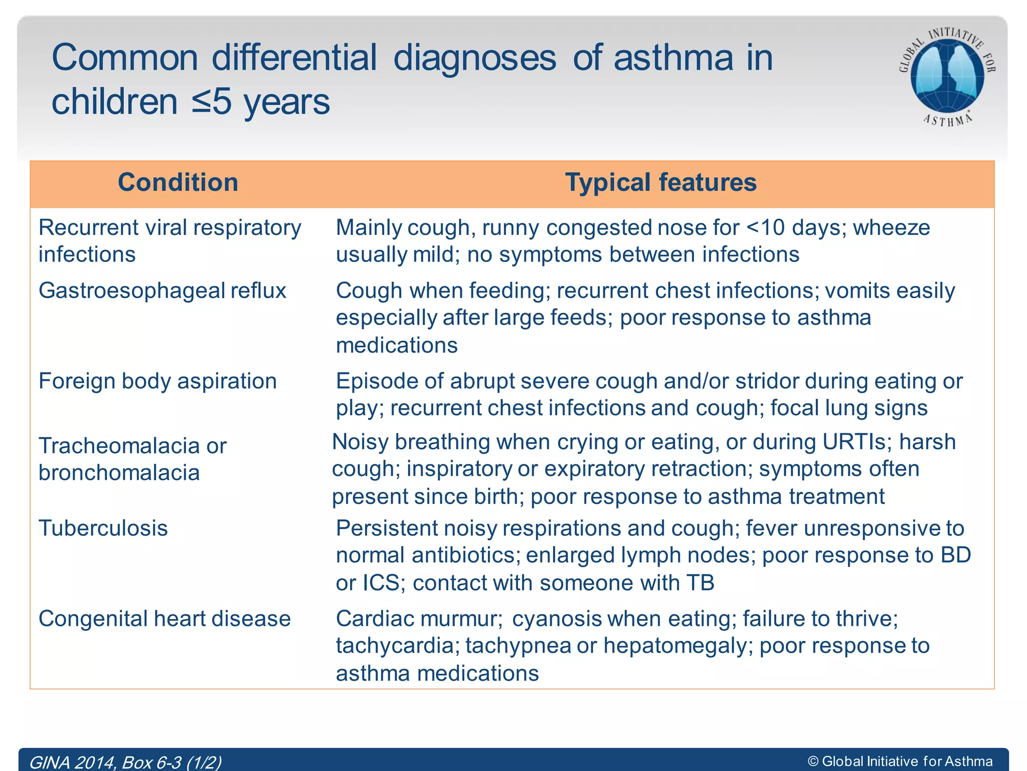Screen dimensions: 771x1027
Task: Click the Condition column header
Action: pos(178,183)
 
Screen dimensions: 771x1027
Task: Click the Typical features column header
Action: pos(660,183)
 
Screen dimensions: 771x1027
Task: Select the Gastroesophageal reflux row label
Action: pos(162,291)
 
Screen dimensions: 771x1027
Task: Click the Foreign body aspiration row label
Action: pos(157,381)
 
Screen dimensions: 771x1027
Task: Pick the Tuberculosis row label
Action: pos(103,529)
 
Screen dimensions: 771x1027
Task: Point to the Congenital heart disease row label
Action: pos(164,619)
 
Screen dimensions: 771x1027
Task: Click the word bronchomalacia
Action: pos(119,473)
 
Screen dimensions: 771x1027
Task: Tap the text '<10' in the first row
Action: pos(766,228)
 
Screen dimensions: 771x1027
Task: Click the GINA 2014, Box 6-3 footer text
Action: pos(125,762)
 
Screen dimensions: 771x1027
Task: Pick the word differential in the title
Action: pos(294,58)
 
